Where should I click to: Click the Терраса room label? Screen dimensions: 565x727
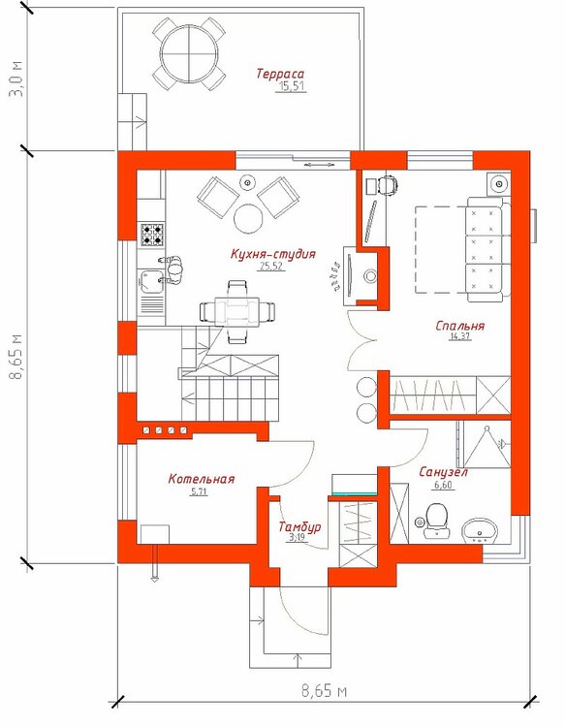[280, 75]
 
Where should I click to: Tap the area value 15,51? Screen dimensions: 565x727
[292, 86]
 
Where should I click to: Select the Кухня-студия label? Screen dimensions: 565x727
[273, 254]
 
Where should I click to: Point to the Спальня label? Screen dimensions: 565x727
[459, 326]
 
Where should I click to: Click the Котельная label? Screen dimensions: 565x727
[202, 479]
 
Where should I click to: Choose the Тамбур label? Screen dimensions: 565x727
[299, 526]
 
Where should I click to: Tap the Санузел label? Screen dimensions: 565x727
[443, 472]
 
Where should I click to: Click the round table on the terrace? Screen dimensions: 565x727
[190, 54]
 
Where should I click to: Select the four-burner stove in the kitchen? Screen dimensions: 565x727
[152, 235]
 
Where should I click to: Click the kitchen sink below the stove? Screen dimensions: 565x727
[151, 281]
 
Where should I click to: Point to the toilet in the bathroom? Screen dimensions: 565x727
[436, 522]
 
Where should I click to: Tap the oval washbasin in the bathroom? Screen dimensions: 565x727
[480, 531]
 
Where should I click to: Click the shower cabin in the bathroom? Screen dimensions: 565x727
[484, 445]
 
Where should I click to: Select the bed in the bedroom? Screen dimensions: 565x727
[462, 249]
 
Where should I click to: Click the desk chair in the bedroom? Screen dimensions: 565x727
[388, 185]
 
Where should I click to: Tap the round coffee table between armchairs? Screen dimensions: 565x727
[249, 218]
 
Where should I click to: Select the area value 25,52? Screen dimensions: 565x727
[272, 267]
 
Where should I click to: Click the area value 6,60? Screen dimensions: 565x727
[443, 486]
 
